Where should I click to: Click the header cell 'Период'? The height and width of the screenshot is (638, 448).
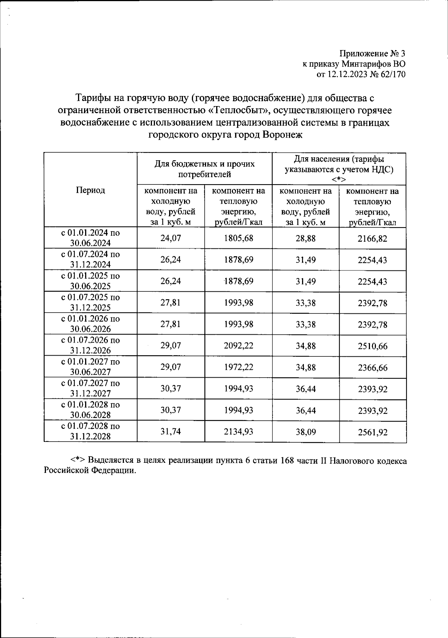point(90,190)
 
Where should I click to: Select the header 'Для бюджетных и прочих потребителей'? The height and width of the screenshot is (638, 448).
point(205,169)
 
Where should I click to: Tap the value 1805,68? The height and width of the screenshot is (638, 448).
point(238,238)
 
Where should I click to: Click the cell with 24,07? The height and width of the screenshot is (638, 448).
point(171,238)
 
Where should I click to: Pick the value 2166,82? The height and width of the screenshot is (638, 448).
point(372,238)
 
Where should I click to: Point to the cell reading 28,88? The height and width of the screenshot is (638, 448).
point(305,238)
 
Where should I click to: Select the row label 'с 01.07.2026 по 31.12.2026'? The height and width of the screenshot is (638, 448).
point(90,345)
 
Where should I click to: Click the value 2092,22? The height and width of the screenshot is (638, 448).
point(238,346)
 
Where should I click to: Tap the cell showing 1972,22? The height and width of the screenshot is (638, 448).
point(238,367)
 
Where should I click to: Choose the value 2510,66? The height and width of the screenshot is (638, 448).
point(372,346)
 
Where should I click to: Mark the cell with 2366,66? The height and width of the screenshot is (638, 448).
point(372,368)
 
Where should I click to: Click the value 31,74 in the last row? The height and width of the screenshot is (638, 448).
point(171,432)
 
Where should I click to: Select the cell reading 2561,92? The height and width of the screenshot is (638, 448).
point(372,432)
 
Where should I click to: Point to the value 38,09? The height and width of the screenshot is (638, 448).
point(305,432)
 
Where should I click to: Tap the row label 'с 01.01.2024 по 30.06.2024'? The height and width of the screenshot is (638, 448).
point(90,238)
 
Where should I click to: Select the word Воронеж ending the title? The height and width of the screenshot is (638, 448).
point(282,135)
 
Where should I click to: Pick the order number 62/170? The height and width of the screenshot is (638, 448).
point(392,74)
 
